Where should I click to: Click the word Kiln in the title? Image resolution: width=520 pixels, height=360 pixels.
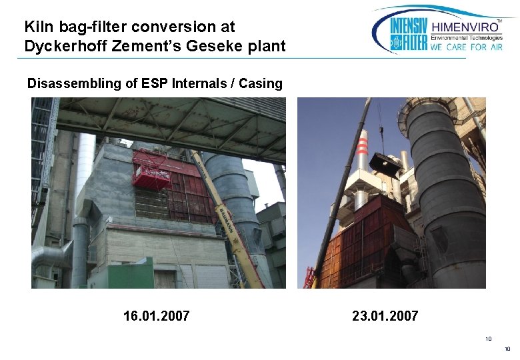36,27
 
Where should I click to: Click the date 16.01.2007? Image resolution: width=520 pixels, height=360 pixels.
157,315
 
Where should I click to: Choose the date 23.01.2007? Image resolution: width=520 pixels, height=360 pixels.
385,315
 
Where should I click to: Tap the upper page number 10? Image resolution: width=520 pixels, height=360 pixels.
489,339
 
